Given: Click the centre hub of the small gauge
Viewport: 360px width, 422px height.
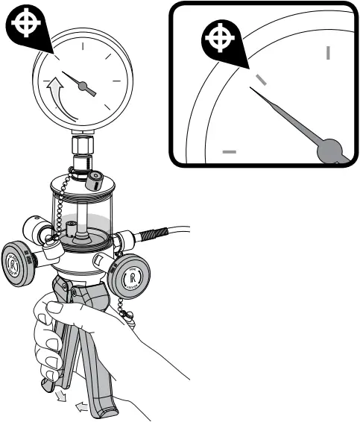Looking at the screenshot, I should (92, 90).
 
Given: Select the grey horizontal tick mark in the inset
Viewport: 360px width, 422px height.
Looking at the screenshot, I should (230, 151).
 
